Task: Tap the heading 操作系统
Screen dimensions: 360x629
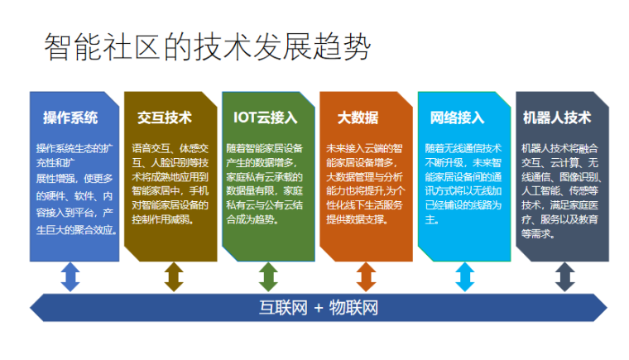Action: [x=70, y=117]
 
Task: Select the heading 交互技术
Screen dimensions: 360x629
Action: [x=165, y=117]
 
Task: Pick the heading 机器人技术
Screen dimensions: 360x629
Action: [x=557, y=117]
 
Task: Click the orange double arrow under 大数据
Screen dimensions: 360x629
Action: [x=366, y=276]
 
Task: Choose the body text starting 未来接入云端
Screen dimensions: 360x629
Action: [x=364, y=177]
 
